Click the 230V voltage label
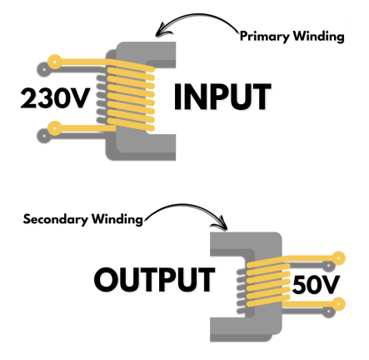[x=55, y=98]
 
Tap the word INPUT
[x=222, y=97]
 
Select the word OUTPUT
[x=155, y=280]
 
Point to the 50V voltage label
[x=316, y=285]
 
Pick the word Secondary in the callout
[x=56, y=219]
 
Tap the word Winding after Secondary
[x=117, y=219]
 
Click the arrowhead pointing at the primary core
[x=161, y=32]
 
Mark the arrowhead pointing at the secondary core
[x=223, y=225]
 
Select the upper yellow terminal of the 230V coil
[x=55, y=62]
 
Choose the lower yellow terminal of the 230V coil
[x=55, y=128]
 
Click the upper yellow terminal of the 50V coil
[x=338, y=258]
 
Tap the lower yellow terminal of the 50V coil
[x=338, y=304]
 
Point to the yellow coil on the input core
[x=131, y=96]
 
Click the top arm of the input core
[x=147, y=52]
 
